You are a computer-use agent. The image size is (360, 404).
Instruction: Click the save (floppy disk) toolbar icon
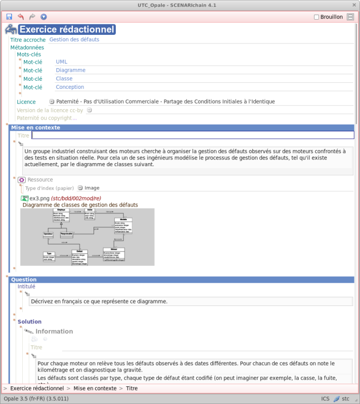click(x=9, y=17)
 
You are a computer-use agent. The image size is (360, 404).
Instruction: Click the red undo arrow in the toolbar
click(x=21, y=17)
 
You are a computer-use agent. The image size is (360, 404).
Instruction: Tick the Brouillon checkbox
click(x=317, y=17)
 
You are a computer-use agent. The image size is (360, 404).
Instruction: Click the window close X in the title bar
click(x=353, y=5)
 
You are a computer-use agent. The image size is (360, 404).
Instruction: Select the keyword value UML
click(x=61, y=62)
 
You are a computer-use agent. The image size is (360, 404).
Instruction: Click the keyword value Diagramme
click(x=71, y=70)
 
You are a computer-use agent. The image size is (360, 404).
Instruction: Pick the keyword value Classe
click(x=64, y=78)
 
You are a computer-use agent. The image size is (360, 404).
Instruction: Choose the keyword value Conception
click(x=70, y=87)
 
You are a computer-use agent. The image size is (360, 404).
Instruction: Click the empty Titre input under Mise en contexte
click(x=193, y=135)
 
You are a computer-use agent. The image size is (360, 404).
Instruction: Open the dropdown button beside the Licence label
click(x=52, y=102)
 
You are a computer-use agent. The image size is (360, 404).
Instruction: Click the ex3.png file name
click(x=39, y=198)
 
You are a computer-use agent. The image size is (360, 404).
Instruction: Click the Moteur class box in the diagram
click(x=113, y=254)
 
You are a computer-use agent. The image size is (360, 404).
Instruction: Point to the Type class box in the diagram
click(x=49, y=257)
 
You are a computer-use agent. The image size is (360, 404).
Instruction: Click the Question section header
click(x=24, y=279)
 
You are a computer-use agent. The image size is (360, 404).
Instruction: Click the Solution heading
click(x=29, y=322)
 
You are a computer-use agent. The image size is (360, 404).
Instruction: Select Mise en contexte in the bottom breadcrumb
click(x=95, y=388)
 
